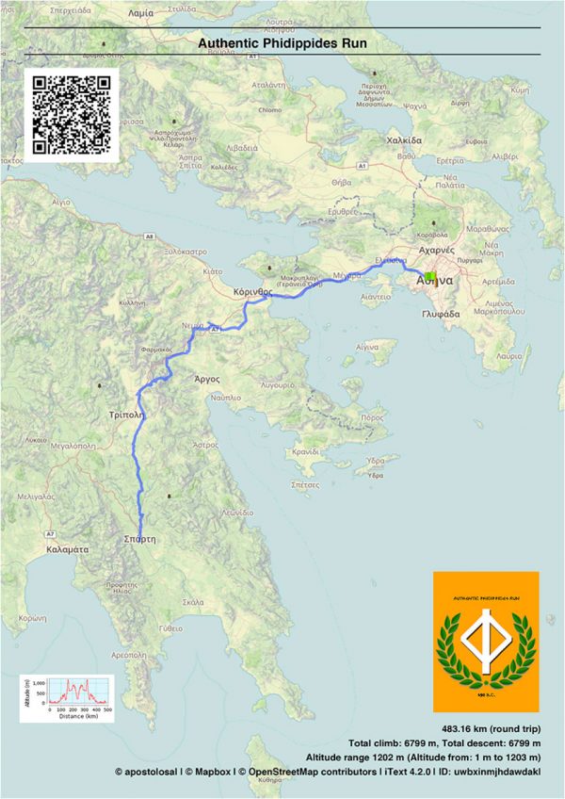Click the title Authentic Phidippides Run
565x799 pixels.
pos(282,42)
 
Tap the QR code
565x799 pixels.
pos(71,115)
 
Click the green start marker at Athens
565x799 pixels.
pos(430,277)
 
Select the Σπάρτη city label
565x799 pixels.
pos(138,539)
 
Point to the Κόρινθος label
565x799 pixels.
pos(252,293)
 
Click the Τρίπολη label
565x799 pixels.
pos(125,414)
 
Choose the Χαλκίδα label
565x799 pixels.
pos(403,139)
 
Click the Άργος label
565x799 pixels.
pos(206,379)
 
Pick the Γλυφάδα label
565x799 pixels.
pos(441,313)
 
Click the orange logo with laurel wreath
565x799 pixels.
pos(486,642)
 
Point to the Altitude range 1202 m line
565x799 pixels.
pos(423,757)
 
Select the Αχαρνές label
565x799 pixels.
pos(436,252)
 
